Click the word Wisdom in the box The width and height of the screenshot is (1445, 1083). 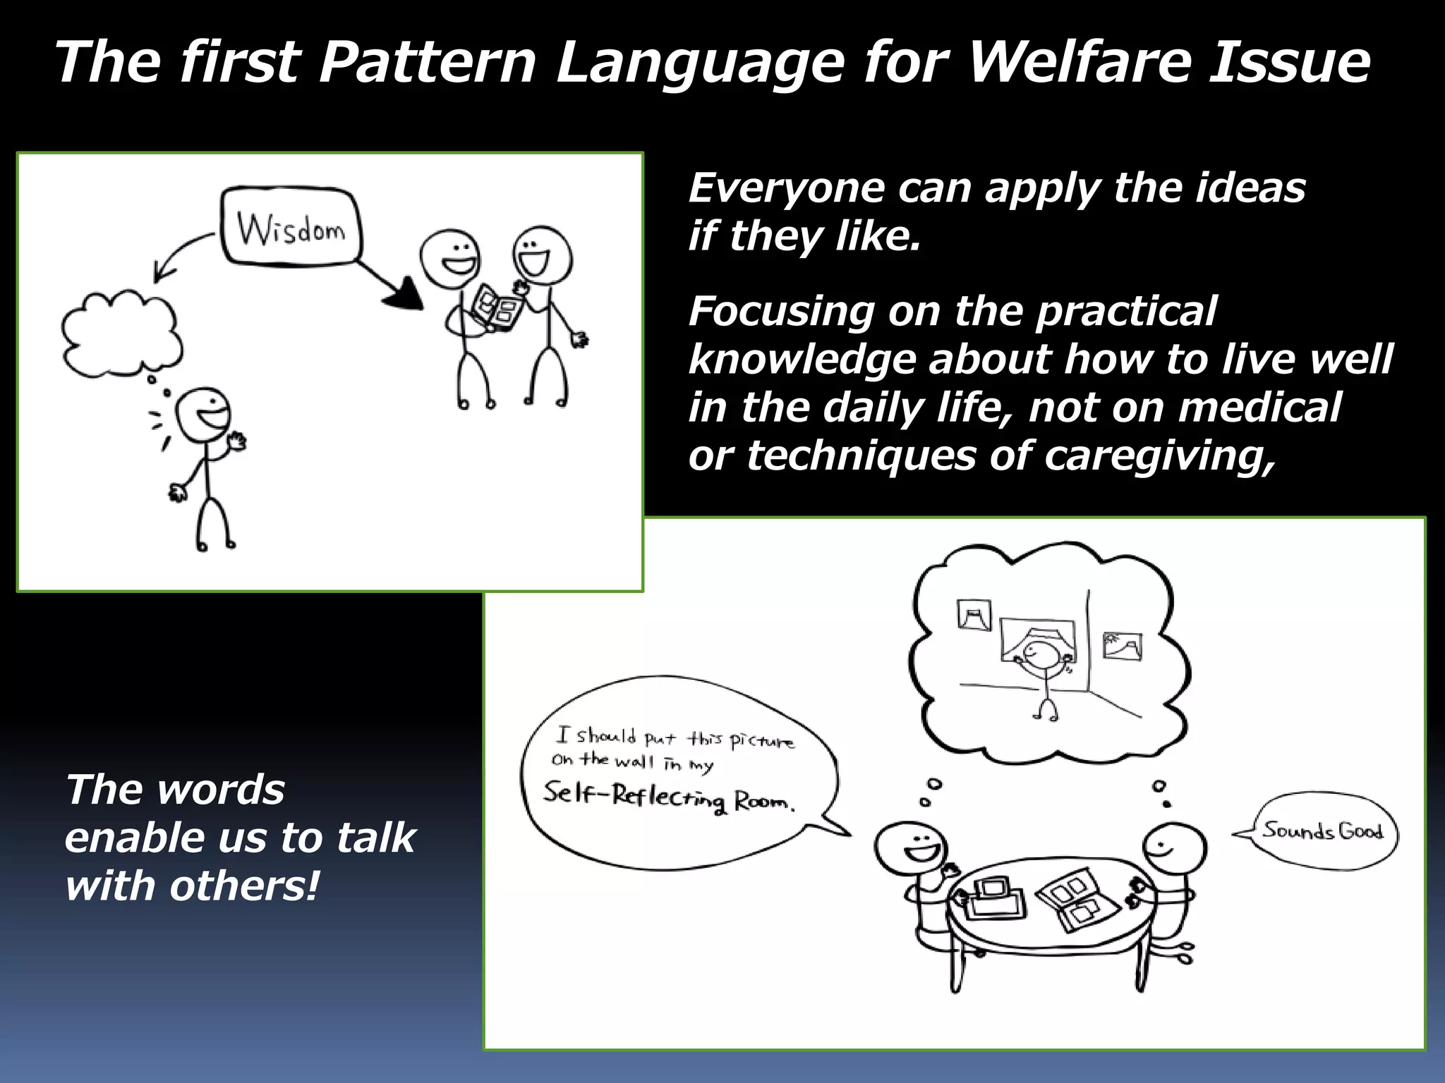coord(291,228)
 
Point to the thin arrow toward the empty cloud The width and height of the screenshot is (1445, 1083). coord(180,254)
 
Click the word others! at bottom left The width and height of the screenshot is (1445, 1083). coord(243,886)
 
